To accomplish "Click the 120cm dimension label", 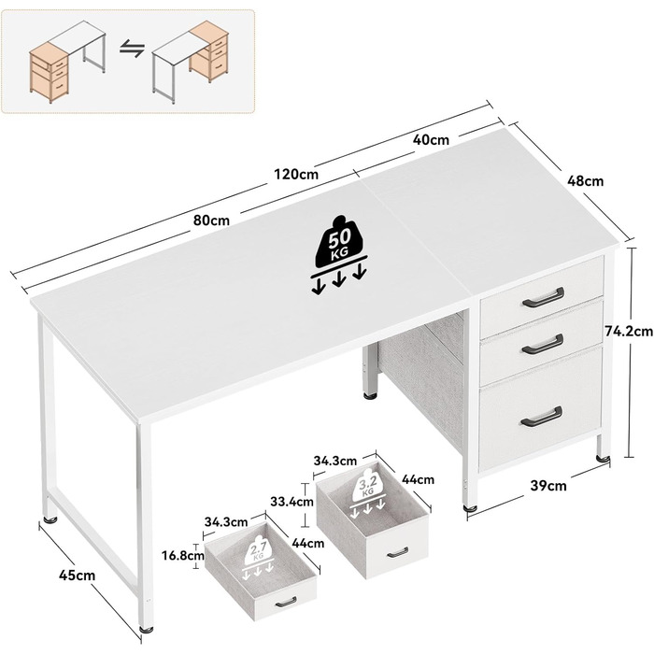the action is coord(296,174).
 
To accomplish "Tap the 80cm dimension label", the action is coord(211,220).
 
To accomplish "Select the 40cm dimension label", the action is coord(431,140).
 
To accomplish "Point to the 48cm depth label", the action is coord(585,181).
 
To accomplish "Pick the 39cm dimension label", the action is coord(548,486).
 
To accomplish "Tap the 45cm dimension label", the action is coord(77,576).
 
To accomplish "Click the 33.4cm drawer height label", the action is coord(291,501).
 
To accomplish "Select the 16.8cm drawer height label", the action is coord(183,556).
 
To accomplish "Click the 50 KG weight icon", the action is coord(339,255).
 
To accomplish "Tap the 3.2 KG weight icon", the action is coord(367,493).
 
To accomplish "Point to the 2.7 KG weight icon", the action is coord(257,560).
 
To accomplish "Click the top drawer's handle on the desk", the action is coord(544,296).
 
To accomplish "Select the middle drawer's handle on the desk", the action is coord(543,344).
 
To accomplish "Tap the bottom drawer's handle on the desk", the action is coord(541,417).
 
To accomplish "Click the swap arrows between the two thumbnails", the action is coord(133,49).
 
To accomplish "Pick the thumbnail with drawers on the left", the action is coord(67,62).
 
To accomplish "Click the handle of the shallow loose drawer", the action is coord(286,602).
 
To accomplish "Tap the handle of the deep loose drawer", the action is coord(397,553).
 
